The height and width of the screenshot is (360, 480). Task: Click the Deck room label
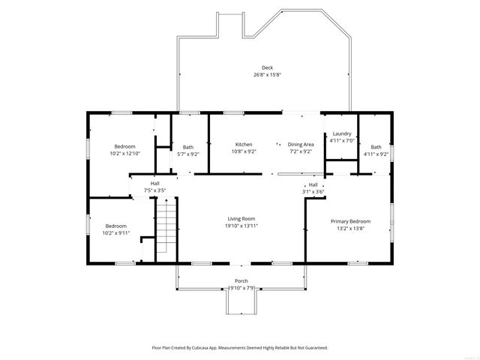click(267, 67)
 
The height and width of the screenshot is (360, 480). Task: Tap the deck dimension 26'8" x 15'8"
click(267, 74)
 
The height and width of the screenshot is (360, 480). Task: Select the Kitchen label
click(244, 144)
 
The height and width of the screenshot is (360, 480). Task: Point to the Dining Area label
click(301, 144)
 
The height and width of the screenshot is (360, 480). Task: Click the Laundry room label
click(342, 133)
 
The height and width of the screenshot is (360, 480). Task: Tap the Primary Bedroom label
click(350, 221)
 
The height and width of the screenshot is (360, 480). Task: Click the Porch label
click(241, 281)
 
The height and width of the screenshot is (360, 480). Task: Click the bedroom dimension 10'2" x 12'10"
click(124, 153)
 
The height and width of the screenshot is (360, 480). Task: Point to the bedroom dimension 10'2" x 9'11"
click(115, 232)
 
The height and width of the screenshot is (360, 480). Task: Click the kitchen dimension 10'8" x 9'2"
click(244, 151)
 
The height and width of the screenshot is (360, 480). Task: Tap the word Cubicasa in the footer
click(211, 348)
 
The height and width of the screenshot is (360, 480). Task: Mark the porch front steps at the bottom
click(241, 303)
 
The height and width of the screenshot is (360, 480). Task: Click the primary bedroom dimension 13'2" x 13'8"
click(350, 228)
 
